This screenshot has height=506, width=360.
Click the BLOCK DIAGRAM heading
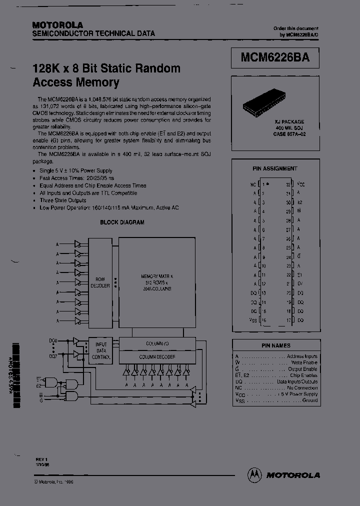pyautogui.click(x=122, y=222)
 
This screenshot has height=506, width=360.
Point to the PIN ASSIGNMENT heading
pyautogui.click(x=275, y=168)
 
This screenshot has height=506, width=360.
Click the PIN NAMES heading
pyautogui.click(x=275, y=345)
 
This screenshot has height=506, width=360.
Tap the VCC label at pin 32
pyautogui.click(x=301, y=184)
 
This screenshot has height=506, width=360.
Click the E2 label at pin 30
pyautogui.click(x=299, y=202)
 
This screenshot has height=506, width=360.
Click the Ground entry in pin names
pyautogui.click(x=309, y=400)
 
